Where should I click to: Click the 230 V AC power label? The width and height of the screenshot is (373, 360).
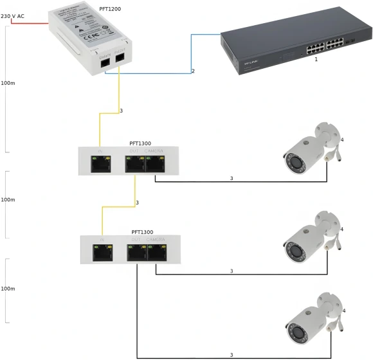pos(12,16)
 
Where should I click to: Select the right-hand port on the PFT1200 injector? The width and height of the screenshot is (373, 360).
pos(120,59)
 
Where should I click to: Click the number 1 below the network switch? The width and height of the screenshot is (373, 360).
pos(316,59)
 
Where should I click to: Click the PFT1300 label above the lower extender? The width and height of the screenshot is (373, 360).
pos(142,231)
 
